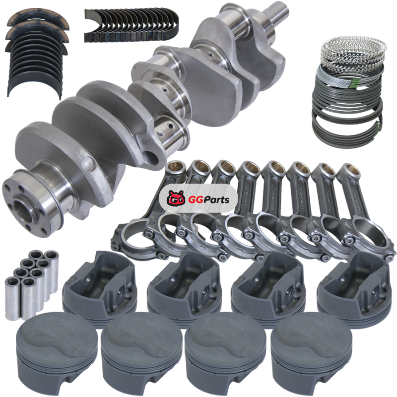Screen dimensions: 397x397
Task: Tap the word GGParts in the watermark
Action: tap(209, 199)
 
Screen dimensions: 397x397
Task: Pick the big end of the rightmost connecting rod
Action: tap(368, 237)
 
